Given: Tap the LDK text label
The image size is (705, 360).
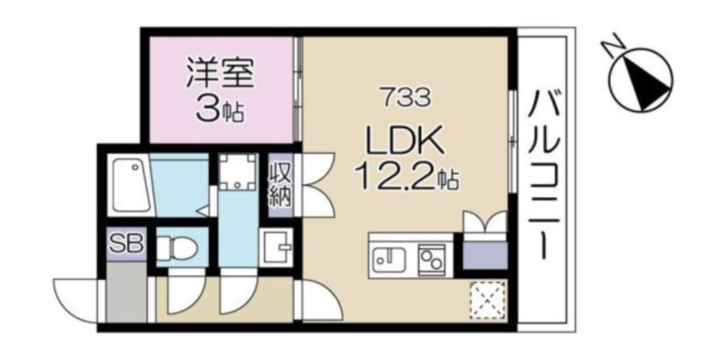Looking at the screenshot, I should [404, 141].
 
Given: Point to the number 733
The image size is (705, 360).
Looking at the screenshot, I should [404, 96].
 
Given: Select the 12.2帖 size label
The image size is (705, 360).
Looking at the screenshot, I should [406, 177].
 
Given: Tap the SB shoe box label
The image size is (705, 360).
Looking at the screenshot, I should [127, 244].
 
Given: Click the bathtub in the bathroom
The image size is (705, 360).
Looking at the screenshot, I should [131, 184].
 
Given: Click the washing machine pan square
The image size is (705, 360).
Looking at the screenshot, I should [237, 172].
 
